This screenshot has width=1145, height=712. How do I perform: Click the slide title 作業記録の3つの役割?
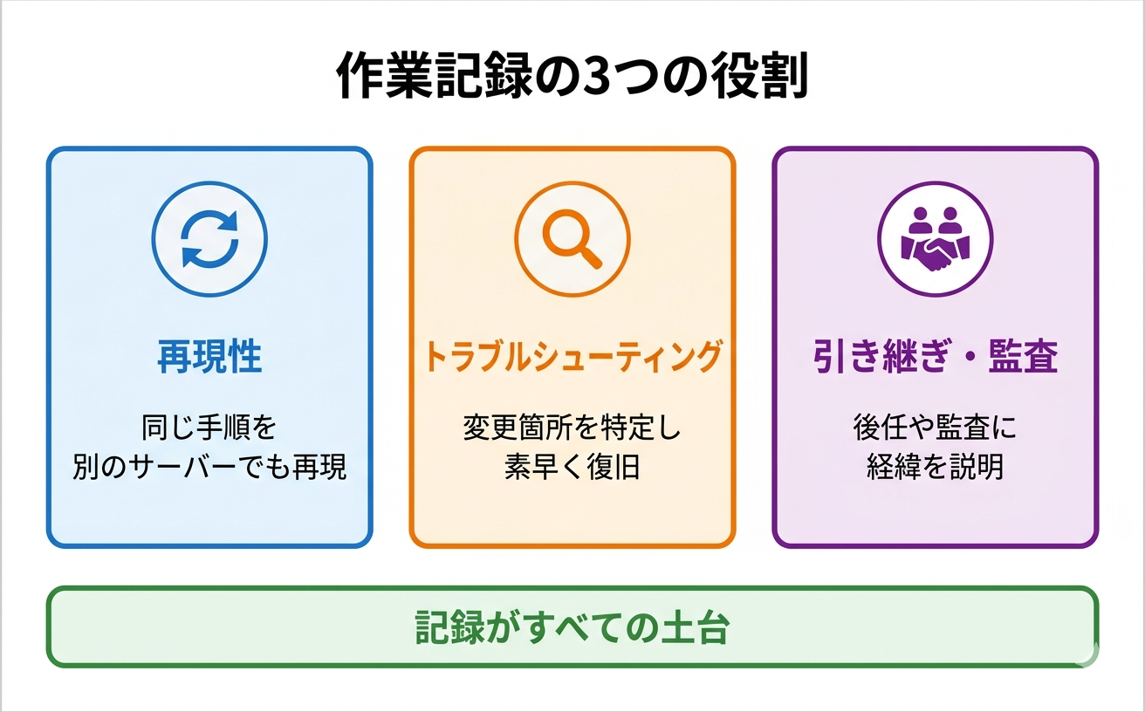click(x=572, y=79)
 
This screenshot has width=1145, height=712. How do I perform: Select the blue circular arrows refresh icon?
click(x=209, y=238)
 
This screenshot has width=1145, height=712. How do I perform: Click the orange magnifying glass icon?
click(x=572, y=238)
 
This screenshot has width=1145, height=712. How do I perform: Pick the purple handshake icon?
click(x=935, y=238)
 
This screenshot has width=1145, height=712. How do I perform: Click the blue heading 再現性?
click(x=209, y=357)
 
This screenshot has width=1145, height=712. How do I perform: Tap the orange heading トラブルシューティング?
click(x=572, y=357)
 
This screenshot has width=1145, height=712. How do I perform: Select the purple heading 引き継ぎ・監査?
click(x=935, y=357)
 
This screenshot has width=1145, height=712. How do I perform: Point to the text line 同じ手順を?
click(x=209, y=428)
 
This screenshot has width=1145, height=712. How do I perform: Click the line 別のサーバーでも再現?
click(x=209, y=467)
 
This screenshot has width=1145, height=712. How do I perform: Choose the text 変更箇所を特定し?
click(x=572, y=428)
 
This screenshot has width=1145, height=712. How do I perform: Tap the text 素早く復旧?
click(x=572, y=467)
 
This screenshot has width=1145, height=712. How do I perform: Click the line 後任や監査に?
click(x=935, y=428)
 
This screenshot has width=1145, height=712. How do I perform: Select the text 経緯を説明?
click(x=935, y=467)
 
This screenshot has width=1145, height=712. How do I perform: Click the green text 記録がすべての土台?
click(x=572, y=627)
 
